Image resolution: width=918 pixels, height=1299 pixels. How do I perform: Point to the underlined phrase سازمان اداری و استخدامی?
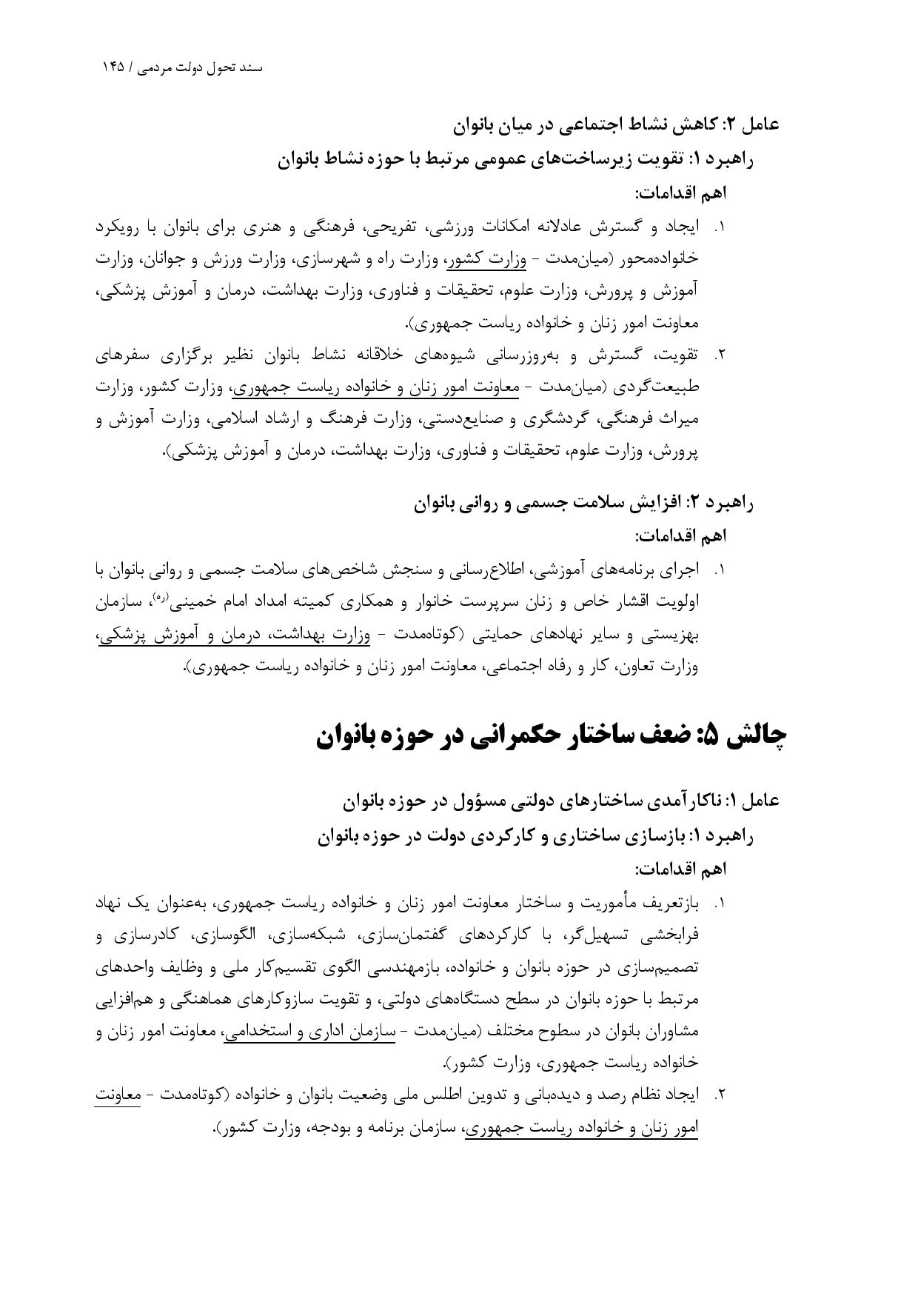[309, 1031]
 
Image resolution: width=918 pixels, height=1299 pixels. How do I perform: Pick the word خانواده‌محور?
[660, 259]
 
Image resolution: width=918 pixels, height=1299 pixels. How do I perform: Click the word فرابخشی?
[669, 935]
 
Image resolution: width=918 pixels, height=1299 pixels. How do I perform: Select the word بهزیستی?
[669, 635]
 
